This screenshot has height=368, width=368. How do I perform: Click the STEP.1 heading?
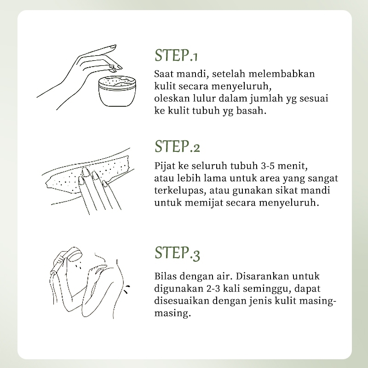176,55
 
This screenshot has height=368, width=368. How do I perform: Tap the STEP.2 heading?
177,146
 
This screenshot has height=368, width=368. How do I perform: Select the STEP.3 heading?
177,253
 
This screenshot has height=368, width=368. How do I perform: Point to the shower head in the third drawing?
74,254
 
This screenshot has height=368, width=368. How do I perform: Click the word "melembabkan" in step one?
282,74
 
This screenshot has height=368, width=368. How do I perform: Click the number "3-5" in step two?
269,166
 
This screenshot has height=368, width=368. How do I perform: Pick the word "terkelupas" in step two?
180,190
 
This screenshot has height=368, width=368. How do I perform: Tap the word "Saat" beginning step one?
164,74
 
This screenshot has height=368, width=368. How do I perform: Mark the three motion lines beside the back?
127,289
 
